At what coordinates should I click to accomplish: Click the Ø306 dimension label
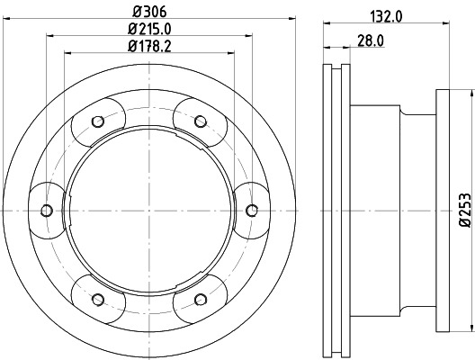[x=148, y=12]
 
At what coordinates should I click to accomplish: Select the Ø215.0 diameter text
[x=148, y=29]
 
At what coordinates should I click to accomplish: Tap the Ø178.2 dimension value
[x=148, y=47]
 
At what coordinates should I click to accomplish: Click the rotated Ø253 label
[x=463, y=209]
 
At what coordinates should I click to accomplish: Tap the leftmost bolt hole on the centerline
[x=46, y=211]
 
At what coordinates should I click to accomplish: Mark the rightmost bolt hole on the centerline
[x=251, y=211]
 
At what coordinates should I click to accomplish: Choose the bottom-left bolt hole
[x=97, y=299]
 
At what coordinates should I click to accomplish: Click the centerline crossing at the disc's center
[x=148, y=211]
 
